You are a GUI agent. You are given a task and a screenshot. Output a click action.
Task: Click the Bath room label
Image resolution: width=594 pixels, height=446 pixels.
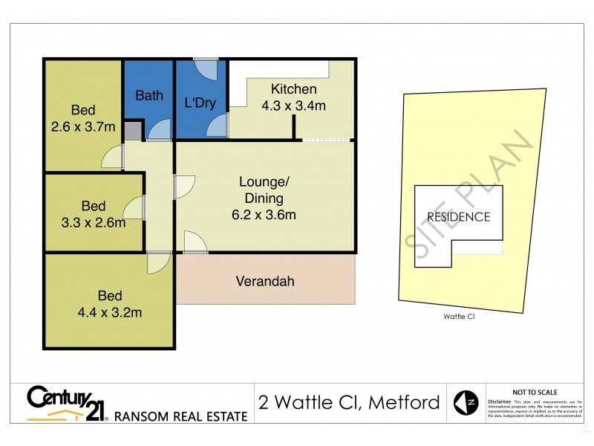point(149,95)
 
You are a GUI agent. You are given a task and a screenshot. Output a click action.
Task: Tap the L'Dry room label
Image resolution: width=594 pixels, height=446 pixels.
point(200,103)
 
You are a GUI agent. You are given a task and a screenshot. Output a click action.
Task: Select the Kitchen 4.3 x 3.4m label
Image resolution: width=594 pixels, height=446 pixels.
point(293,97)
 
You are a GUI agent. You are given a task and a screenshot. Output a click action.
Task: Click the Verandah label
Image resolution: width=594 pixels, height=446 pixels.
point(265,282)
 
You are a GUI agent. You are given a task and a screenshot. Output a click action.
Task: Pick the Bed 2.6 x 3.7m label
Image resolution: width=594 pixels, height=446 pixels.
point(82,118)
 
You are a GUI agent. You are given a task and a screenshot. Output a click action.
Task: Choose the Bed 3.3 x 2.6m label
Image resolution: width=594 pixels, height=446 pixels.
point(94,213)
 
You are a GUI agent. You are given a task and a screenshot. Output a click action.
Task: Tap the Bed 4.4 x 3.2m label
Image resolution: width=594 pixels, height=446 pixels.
point(111,303)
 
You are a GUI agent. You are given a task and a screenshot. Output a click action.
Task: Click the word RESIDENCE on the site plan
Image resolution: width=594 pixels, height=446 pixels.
point(458,217)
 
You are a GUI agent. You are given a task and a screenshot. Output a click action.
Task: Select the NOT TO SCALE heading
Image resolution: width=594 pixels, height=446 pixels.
point(535,392)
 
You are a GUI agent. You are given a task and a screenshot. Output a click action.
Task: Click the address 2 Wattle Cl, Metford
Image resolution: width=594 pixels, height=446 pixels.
point(348,404)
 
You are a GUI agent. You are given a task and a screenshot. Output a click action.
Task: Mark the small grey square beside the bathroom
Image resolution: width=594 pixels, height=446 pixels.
point(131,132)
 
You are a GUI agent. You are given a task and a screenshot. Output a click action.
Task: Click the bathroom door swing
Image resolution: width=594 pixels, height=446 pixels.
point(157,130)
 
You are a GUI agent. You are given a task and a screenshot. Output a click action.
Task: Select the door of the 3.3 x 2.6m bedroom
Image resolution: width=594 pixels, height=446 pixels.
point(135,209)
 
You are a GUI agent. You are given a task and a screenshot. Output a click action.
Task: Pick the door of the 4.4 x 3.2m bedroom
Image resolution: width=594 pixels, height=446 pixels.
point(158,263)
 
